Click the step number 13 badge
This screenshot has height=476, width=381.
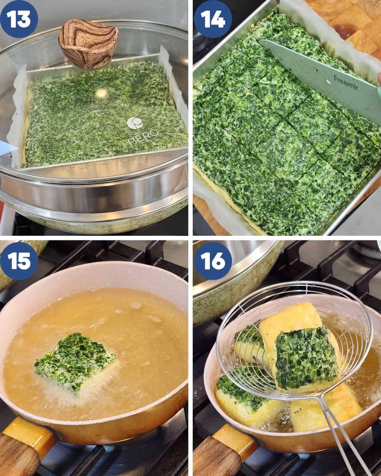pos(19,19)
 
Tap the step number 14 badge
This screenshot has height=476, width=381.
pos(213,19)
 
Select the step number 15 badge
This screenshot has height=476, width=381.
pos(19,261)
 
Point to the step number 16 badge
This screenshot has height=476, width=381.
pos(213,261)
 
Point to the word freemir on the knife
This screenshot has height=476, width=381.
pos(346,83)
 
